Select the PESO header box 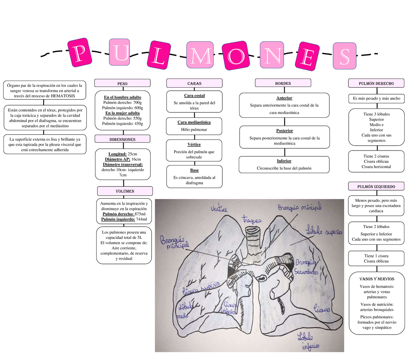coord(122,83)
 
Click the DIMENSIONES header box coord(122,139)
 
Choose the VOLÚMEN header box coord(125,191)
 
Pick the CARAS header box coord(194,83)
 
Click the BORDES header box coord(283,83)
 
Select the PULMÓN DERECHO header coord(376,83)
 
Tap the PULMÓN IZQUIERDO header coord(376,186)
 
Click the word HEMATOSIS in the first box coord(63,96)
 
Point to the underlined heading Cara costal coord(194,95)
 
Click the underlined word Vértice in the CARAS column coord(194,144)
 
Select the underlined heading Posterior coord(284,131)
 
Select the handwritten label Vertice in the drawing coord(219,209)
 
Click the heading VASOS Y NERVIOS coord(377,279)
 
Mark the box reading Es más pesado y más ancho coord(376,98)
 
